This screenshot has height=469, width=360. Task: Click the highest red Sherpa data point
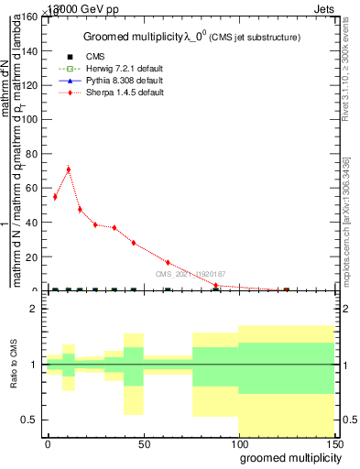pos(68,169)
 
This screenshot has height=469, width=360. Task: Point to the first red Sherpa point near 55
pos(55,197)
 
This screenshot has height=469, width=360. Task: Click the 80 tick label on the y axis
pos(35,154)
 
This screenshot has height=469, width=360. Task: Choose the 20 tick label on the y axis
pos(35,256)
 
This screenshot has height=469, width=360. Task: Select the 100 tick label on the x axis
pos(240,444)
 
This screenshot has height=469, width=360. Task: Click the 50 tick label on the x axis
pos(144,444)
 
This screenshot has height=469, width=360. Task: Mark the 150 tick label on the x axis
pos(334,444)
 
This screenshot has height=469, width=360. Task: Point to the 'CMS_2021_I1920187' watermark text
pos(190,273)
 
